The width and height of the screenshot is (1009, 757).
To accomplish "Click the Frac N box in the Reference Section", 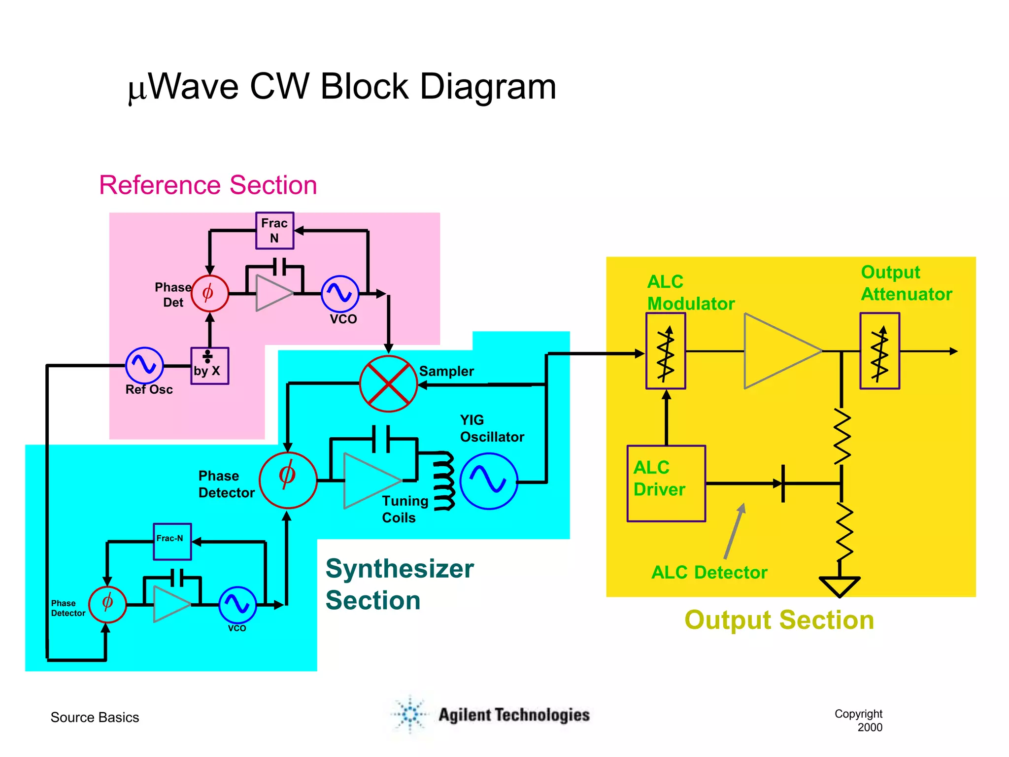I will [x=274, y=231].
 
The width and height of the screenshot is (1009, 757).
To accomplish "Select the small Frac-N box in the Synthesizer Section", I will [x=172, y=542].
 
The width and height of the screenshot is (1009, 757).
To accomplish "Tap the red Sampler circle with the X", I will [x=388, y=384].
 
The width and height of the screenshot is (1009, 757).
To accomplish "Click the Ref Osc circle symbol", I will [x=144, y=365].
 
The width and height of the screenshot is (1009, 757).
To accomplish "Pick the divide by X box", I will [x=209, y=366].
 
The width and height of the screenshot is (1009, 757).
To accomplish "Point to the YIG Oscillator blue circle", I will [x=488, y=481].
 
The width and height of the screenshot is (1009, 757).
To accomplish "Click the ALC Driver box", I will [x=666, y=483].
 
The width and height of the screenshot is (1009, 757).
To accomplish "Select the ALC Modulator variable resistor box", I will [x=666, y=351].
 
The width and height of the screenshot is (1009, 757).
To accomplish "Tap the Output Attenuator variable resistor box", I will [x=879, y=351].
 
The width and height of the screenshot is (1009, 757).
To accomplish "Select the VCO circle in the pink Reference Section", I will [x=340, y=294].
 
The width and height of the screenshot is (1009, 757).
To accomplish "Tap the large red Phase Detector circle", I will [x=288, y=480].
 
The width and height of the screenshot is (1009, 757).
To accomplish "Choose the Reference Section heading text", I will [x=208, y=185].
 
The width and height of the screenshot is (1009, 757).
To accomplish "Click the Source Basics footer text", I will [x=95, y=717].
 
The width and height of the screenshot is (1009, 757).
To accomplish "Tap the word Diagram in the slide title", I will [x=488, y=87].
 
